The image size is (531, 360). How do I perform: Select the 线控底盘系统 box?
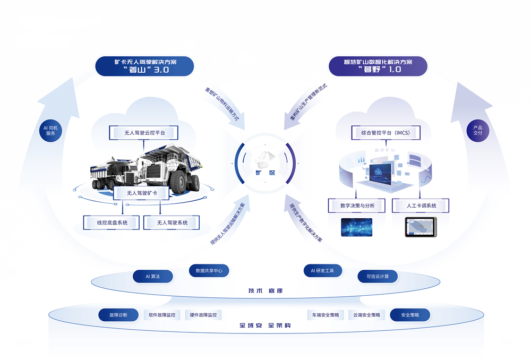coord(112,222)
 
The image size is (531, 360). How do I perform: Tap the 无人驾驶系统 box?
coord(172,222)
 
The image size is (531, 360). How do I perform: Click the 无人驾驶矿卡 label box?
coord(141,194)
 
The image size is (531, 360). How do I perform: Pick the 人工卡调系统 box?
coord(421,205)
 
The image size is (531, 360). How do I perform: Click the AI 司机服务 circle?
coord(53,130)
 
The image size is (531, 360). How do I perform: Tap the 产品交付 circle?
coord(478,130)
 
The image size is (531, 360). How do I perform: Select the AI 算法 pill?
coord(153,277)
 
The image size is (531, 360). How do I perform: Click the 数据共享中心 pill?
coord(209,271)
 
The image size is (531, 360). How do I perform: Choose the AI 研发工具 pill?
coord(322,271)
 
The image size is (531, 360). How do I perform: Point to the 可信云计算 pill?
coord(378,277)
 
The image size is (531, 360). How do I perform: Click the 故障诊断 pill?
coord(118,315)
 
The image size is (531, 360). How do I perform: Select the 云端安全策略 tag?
coord(367,315)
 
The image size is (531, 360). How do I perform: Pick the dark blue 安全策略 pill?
coord(410,315)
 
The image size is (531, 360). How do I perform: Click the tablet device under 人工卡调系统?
coord(421,227)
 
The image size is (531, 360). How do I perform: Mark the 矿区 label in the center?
coord(265,173)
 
